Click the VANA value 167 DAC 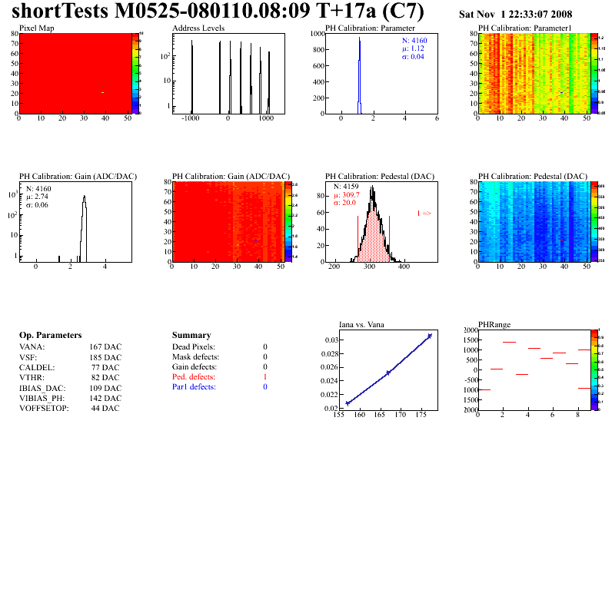[x=105, y=347]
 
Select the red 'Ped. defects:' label [x=194, y=377]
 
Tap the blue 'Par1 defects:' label [x=194, y=387]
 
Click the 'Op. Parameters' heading [x=50, y=336]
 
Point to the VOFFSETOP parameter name [x=44, y=408]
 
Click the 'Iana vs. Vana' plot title [x=366, y=324]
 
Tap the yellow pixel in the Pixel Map [x=102, y=93]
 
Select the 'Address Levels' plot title [x=198, y=28]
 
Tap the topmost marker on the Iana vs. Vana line [x=430, y=336]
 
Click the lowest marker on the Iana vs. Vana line [x=348, y=403]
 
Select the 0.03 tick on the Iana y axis [x=331, y=340]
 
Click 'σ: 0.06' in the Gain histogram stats [x=39, y=205]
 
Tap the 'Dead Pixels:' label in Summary [x=194, y=347]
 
